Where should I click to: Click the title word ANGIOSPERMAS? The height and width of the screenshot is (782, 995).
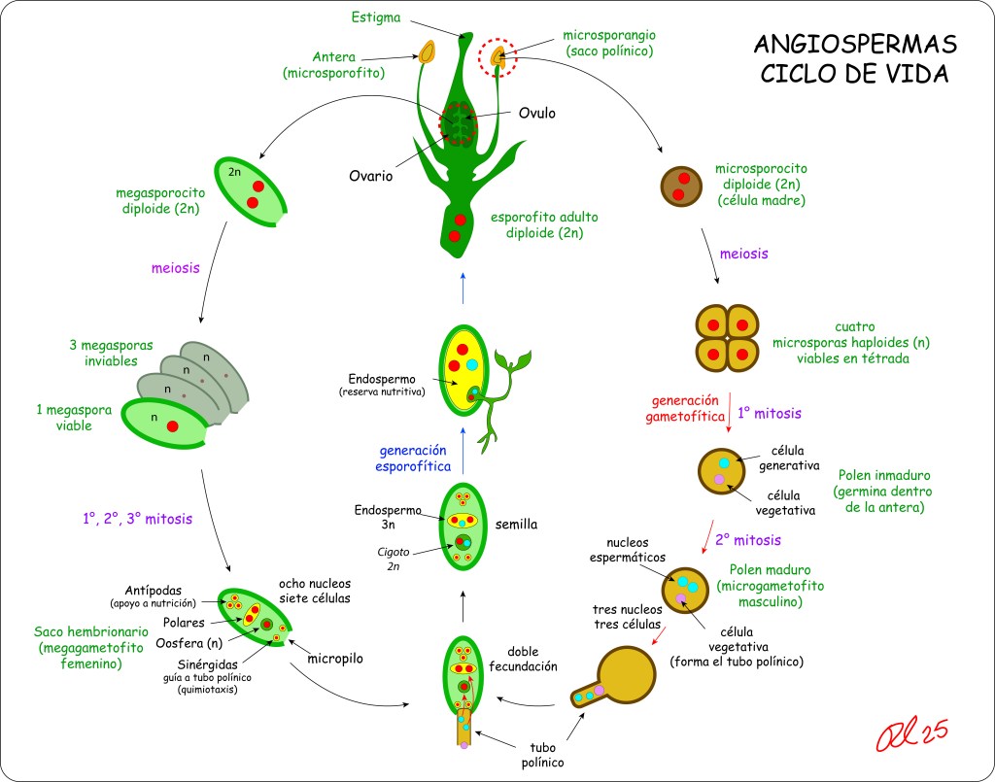pos(855,45)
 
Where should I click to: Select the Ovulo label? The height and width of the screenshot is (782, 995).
pos(536,113)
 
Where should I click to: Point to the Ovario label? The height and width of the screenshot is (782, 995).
pos(371,177)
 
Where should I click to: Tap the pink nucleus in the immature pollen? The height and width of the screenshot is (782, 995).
pos(719,480)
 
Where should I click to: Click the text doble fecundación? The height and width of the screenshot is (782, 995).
pos(531,659)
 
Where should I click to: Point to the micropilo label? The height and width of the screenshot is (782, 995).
pos(335,659)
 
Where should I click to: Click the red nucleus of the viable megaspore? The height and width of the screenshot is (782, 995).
pos(172,426)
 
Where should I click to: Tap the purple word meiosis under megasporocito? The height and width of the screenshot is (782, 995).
pos(176,268)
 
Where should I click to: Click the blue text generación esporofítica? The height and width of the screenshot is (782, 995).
pos(412,458)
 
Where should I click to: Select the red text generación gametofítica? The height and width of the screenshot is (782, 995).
pos(685,408)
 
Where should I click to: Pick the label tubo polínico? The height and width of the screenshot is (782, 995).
pos(541,755)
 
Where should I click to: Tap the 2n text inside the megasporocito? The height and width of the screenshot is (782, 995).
pos(235,172)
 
